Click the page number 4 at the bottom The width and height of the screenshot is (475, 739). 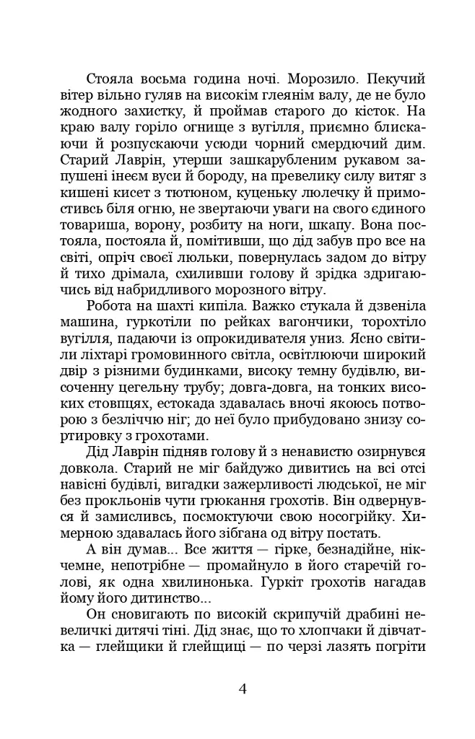(243, 688)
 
